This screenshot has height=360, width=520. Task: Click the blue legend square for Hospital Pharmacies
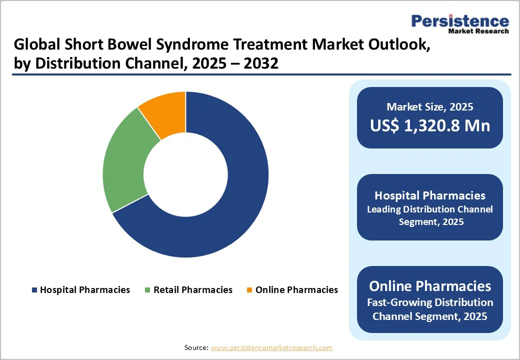click(34, 290)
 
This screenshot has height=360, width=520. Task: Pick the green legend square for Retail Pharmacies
click(147, 290)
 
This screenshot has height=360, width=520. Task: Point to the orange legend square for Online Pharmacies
click(249, 290)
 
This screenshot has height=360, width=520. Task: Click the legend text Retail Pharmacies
click(193, 290)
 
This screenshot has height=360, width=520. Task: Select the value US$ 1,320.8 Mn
click(430, 125)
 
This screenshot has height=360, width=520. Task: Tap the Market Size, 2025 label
click(430, 106)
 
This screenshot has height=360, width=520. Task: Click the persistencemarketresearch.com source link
click(271, 347)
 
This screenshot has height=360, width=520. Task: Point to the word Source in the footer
click(196, 347)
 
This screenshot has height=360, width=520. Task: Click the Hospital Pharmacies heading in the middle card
click(430, 195)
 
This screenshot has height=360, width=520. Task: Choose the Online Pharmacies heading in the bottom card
click(430, 285)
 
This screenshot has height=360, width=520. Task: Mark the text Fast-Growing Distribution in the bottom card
click(430, 302)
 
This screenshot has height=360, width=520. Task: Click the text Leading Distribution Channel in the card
click(430, 209)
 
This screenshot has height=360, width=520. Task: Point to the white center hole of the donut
click(185, 174)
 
